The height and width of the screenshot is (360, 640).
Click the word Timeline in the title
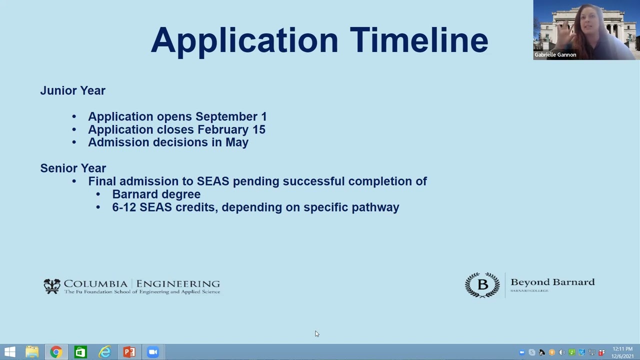[419, 40]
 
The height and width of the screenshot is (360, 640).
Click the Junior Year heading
[73, 90]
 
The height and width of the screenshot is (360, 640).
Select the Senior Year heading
[73, 168]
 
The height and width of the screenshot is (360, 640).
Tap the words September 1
[231, 116]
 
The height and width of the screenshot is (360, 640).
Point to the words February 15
[231, 129]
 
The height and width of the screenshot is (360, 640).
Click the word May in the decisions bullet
[237, 142]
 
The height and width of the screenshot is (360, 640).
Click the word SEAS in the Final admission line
[212, 181]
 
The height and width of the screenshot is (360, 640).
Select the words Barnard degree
[156, 194]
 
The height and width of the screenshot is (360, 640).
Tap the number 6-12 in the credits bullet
[124, 207]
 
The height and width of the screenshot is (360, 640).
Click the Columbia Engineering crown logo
[52, 286]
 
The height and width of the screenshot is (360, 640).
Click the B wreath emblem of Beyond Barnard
[482, 285]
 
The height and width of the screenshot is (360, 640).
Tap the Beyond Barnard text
[552, 282]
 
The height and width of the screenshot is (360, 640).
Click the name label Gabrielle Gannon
[555, 55]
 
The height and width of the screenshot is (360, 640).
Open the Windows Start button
[10, 352]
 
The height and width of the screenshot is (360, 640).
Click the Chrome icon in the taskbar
[56, 352]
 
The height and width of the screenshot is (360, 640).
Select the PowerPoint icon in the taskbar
[129, 352]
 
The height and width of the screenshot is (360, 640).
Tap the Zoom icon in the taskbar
[153, 352]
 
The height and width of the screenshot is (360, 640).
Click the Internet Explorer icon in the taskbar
[105, 352]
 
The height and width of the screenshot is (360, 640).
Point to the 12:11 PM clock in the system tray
[622, 349]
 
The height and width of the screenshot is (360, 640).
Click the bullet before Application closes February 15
[74, 129]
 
